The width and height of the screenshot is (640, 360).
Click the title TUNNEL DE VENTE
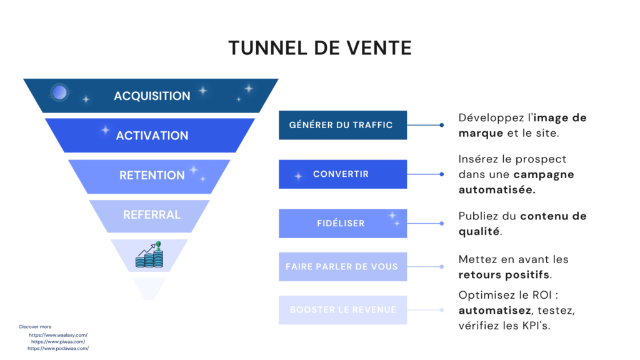pos(319,48)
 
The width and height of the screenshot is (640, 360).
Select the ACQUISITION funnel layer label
pos(152,96)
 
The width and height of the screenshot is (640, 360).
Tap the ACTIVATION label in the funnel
pos(152,135)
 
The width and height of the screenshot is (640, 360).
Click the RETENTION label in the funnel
pos(152,175)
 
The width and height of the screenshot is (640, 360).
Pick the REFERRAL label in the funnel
pos(152,214)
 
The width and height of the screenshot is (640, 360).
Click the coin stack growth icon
pos(150,255)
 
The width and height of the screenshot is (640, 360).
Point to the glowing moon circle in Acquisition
pos(59,93)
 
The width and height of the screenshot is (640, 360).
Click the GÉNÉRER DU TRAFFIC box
pos(342,125)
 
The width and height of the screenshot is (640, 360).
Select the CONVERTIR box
pos(342,174)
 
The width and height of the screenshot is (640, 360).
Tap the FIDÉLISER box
pos(342,223)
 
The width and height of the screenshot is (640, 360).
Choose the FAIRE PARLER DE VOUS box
pos(342,266)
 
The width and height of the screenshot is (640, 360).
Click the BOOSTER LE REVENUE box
pos(342,310)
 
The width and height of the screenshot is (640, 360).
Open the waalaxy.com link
pos(58,335)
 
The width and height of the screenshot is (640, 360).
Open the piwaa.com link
pos(58,342)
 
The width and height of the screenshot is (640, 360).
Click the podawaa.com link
pos(58,349)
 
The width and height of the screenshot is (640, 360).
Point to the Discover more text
pos(36,326)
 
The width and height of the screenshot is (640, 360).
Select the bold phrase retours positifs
pos(504,274)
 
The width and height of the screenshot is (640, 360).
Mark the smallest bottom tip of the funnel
pos(149,288)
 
